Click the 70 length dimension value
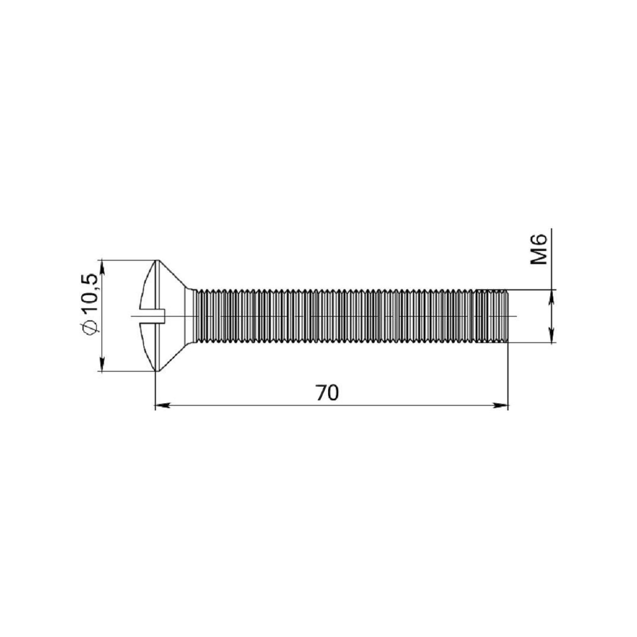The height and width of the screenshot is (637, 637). (327, 393)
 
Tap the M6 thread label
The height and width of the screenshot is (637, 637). (538, 249)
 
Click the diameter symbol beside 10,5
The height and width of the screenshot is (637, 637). (90, 327)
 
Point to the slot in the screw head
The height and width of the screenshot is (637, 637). (152, 316)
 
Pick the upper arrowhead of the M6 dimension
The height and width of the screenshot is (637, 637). (551, 297)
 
